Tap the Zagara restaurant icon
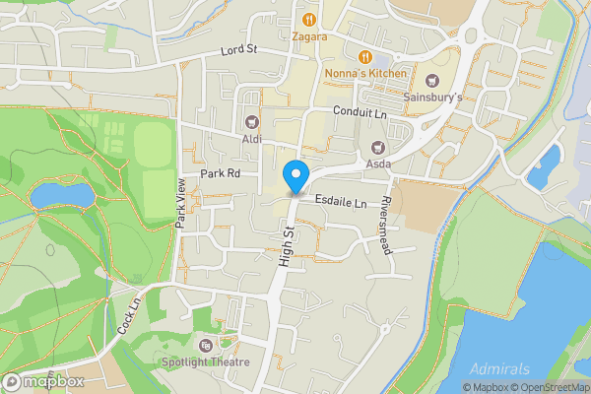click(x=309, y=19)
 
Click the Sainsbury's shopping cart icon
click(x=432, y=80)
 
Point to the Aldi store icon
click(x=251, y=122)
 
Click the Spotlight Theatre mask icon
click(x=205, y=345)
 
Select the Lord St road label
click(x=238, y=50)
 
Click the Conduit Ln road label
click(x=361, y=113)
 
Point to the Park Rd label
click(x=221, y=173)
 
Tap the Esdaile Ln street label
click(x=341, y=202)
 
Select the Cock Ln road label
click(x=129, y=313)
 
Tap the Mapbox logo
click(x=43, y=381)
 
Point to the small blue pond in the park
click(x=63, y=196)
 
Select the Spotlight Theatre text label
click(x=206, y=361)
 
